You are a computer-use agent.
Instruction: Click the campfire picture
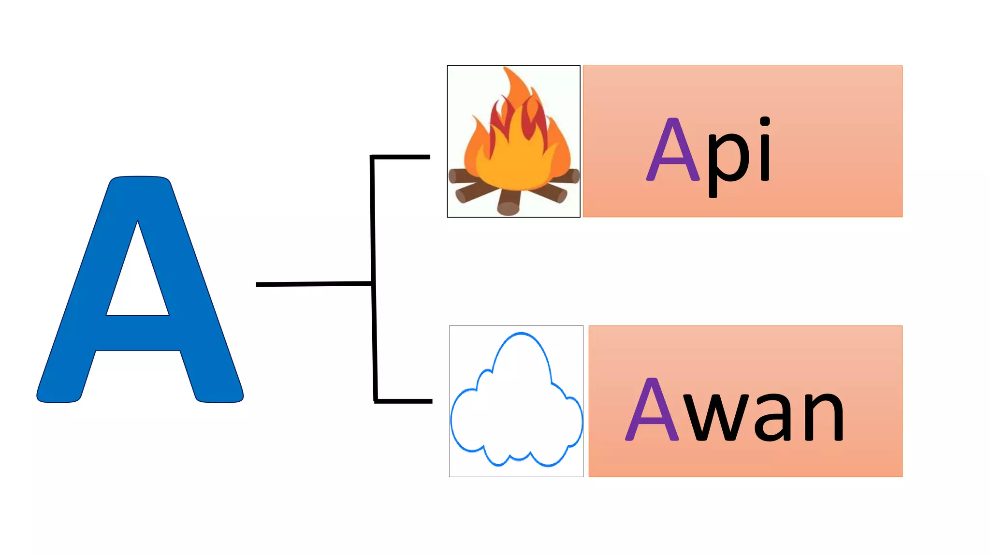[513, 141]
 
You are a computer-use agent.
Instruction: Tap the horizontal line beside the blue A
[314, 284]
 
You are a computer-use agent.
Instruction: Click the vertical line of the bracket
[373, 279]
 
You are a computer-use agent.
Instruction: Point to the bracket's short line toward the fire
[400, 157]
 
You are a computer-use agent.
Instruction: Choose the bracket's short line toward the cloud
[403, 401]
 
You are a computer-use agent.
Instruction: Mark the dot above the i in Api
[764, 121]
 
